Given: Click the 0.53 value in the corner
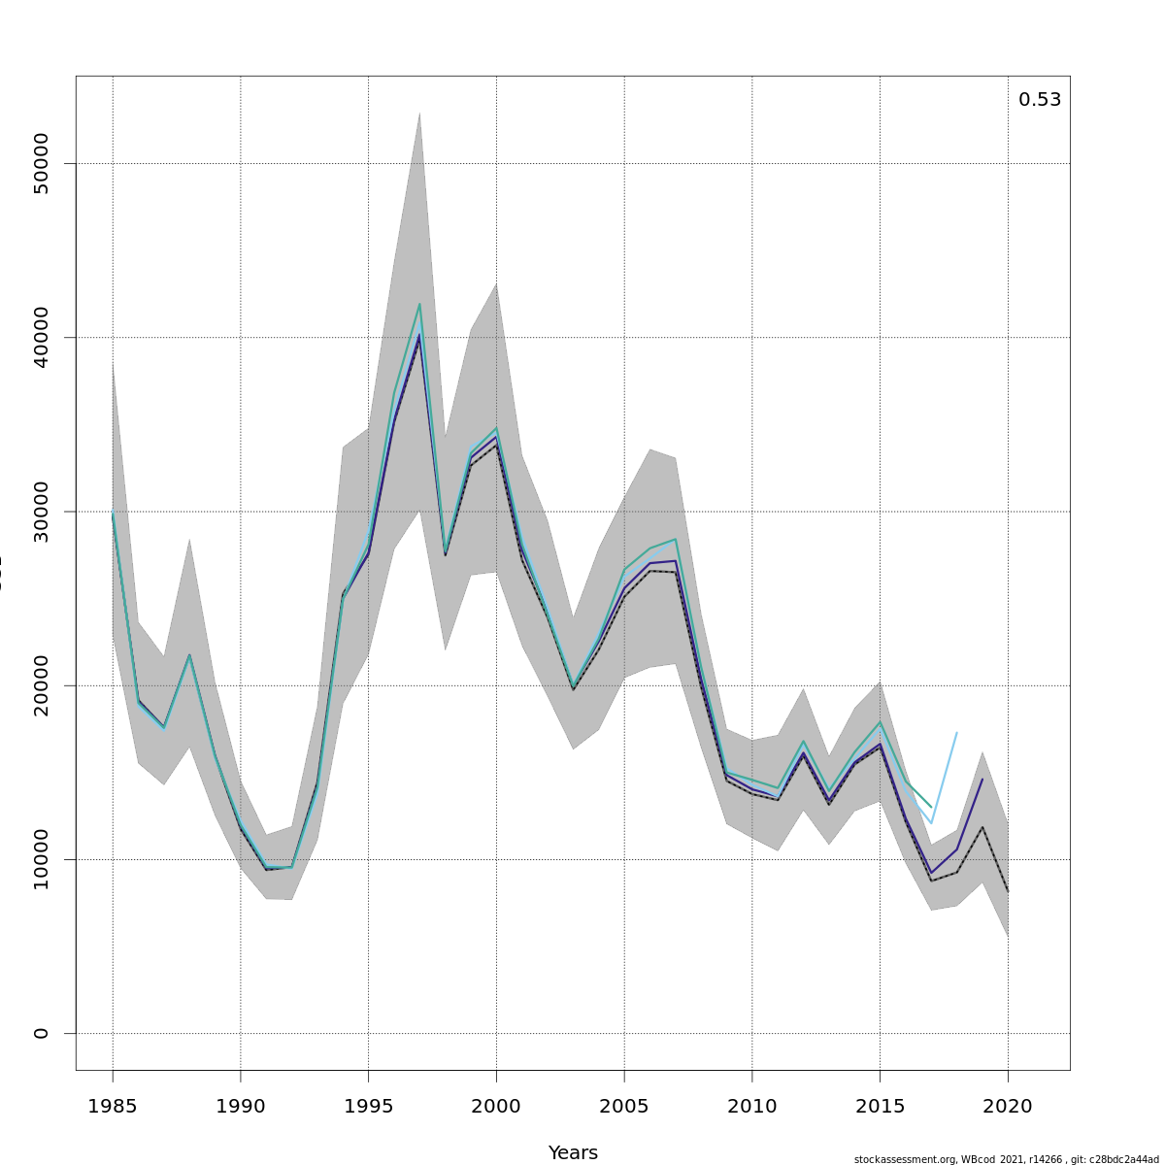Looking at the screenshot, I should pos(1039,100).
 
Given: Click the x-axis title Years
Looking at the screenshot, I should pos(573,1152).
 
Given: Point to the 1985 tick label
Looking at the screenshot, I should pos(113,1106).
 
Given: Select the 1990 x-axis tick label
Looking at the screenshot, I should pos(241,1106).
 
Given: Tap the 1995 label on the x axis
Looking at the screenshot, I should pos(368,1106).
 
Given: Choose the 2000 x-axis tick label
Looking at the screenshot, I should pos(496,1106).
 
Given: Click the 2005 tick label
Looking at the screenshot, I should pos(624,1106).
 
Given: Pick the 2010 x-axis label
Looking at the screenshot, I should pos(752,1106).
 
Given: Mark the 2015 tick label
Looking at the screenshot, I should pos(880,1106).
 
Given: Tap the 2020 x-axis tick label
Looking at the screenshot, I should pos(1008,1106).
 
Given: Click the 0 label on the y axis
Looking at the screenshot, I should pos(41,1033).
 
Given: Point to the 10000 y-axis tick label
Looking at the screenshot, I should pos(41,859).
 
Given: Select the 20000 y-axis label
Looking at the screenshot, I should pos(41,685).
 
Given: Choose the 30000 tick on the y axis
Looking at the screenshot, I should pos(41,512).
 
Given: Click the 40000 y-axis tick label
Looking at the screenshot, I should pos(41,338).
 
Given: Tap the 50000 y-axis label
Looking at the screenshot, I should pos(41,164).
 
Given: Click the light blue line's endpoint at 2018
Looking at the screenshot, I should pos(957,733).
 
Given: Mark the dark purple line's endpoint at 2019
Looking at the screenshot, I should pos(982,779).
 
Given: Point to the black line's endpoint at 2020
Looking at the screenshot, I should pos(1008,891).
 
